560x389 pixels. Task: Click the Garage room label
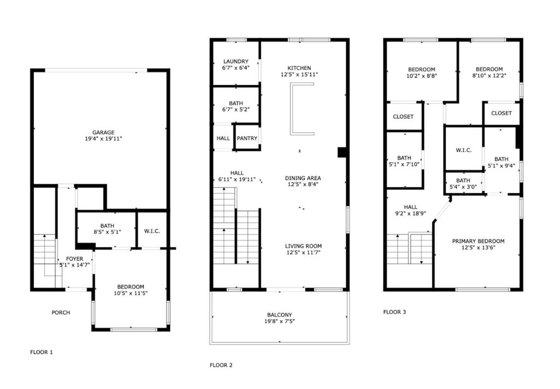click(103, 132)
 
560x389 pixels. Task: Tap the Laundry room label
click(236, 61)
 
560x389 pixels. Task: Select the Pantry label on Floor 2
click(247, 138)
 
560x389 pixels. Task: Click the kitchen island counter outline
click(292, 109)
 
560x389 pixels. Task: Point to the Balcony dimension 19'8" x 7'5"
click(279, 321)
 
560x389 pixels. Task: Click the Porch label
click(61, 313)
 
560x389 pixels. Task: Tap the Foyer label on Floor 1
click(74, 259)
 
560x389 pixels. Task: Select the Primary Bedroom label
click(478, 241)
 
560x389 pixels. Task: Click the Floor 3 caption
click(395, 312)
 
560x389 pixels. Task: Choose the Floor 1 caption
click(42, 352)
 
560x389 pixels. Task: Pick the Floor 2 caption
click(221, 365)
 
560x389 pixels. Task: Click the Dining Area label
click(303, 178)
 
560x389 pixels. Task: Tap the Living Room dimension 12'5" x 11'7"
click(303, 252)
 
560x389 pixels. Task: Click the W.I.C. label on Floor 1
click(152, 231)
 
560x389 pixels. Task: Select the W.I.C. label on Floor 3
click(464, 150)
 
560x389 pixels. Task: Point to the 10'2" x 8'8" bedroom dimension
click(422, 75)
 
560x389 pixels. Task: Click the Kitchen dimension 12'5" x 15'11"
click(299, 74)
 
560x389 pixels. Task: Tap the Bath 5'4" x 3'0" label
click(463, 184)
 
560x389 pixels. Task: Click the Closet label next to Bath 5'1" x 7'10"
click(403, 117)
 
